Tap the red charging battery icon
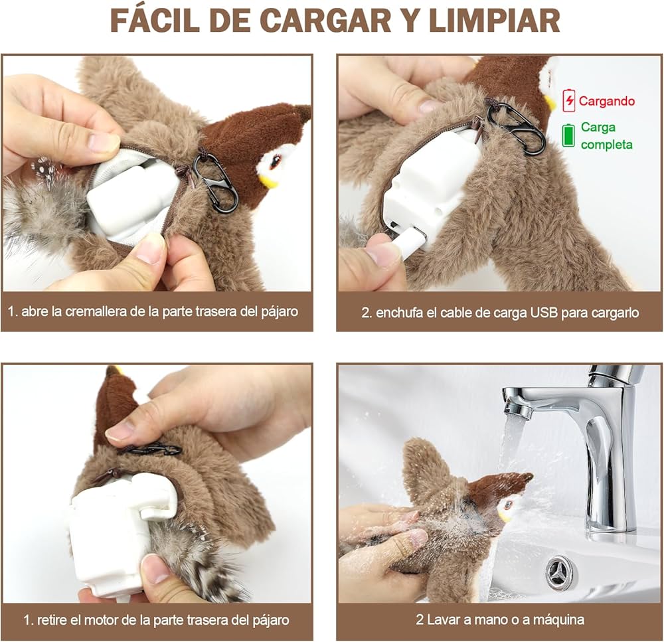[x=569, y=100]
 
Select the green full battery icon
[x=568, y=135]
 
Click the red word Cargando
[x=607, y=101]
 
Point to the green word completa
[x=606, y=145]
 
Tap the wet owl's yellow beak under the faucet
[x=505, y=517]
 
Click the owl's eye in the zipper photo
[x=276, y=161]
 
